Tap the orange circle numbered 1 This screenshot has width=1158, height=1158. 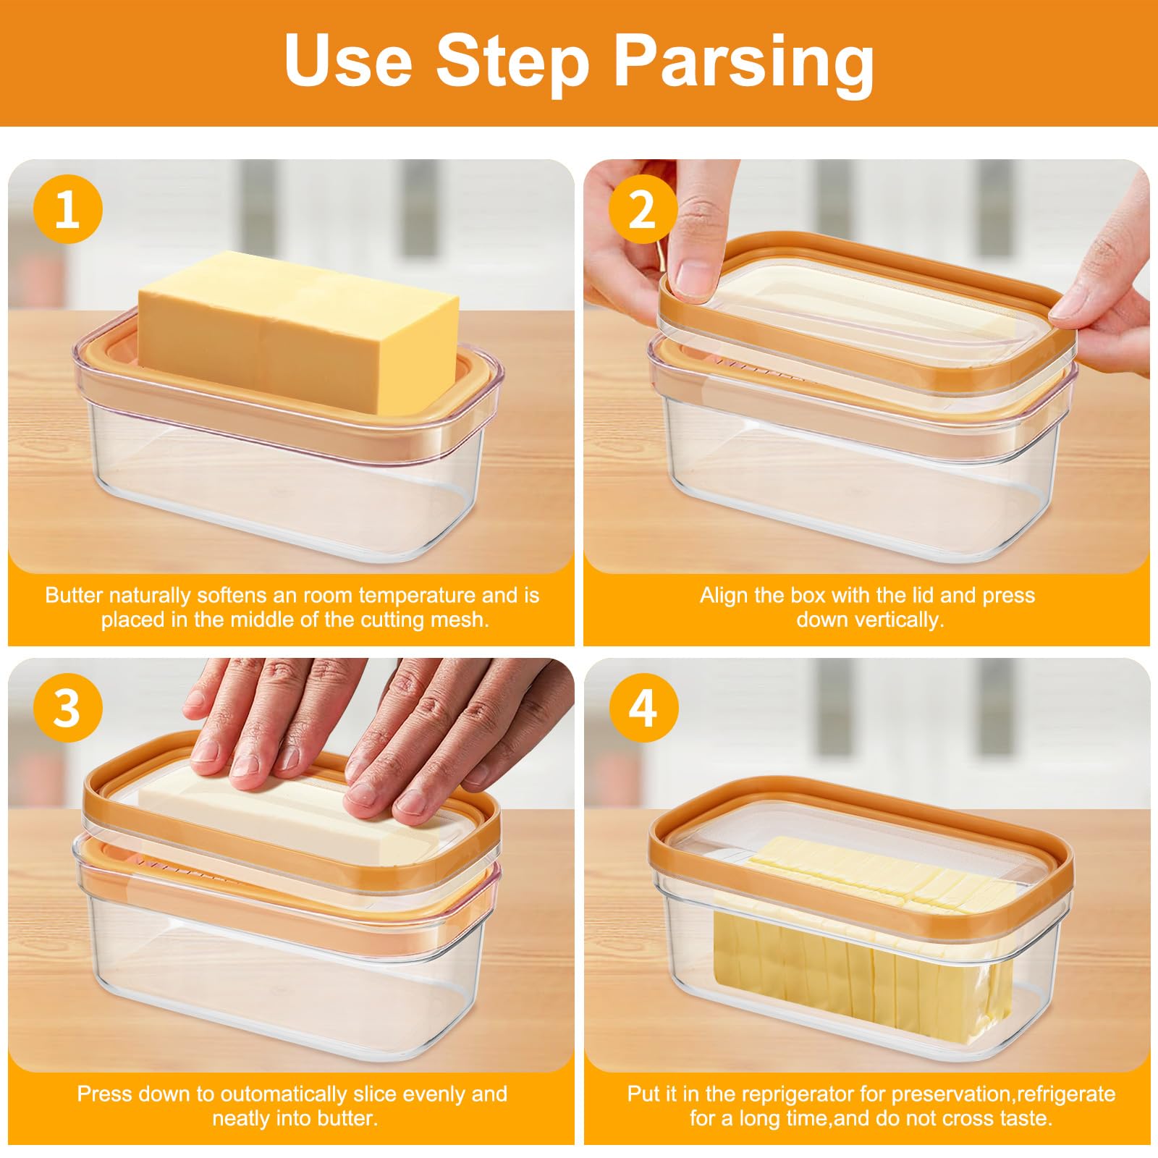point(67,209)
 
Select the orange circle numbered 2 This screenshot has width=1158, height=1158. point(643,209)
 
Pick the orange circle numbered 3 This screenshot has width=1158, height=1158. point(67,707)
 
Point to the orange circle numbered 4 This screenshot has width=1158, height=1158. point(643,707)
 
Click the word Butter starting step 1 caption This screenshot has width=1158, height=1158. point(73,596)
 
